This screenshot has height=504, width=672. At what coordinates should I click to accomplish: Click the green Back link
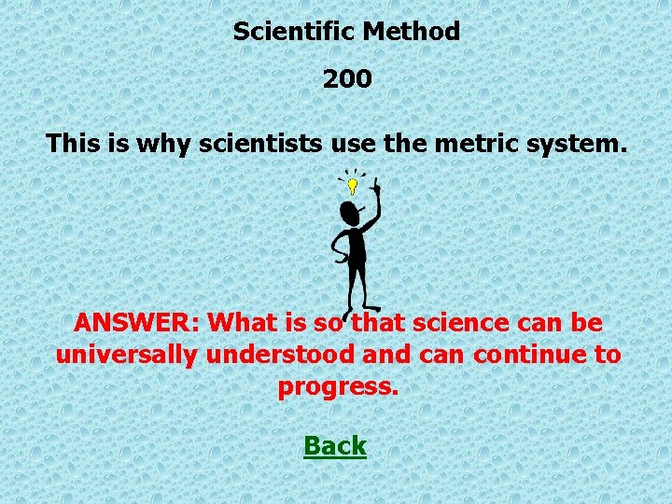[335, 446]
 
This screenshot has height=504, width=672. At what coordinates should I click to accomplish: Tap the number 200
[347, 80]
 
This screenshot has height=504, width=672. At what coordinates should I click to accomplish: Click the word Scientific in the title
[294, 32]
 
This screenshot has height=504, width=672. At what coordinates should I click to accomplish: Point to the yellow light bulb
[353, 186]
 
